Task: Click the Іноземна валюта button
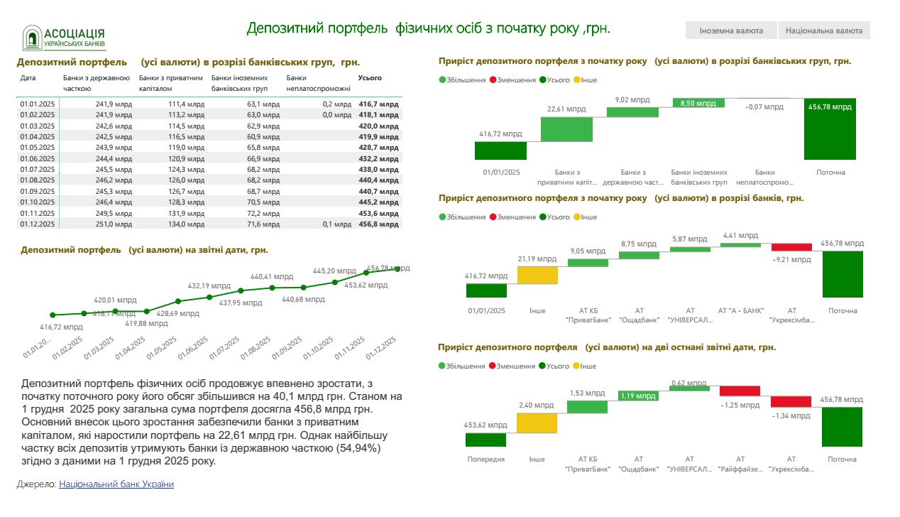tap(730, 31)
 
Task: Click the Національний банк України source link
tap(116, 484)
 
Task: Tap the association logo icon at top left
tap(31, 38)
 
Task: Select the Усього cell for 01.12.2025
tap(379, 224)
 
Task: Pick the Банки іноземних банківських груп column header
tap(240, 83)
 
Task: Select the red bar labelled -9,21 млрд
tap(791, 247)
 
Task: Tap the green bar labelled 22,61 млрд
tap(566, 129)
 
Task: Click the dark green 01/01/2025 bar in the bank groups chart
tap(500, 151)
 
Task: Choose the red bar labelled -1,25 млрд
tap(740, 391)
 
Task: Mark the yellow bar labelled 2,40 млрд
tap(537, 423)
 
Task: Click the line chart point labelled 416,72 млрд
tap(53, 315)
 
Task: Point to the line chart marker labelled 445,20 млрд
tap(334, 282)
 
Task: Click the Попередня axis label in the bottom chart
tap(486, 459)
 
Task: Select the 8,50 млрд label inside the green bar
tap(698, 104)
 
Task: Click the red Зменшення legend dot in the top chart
tap(492, 80)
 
